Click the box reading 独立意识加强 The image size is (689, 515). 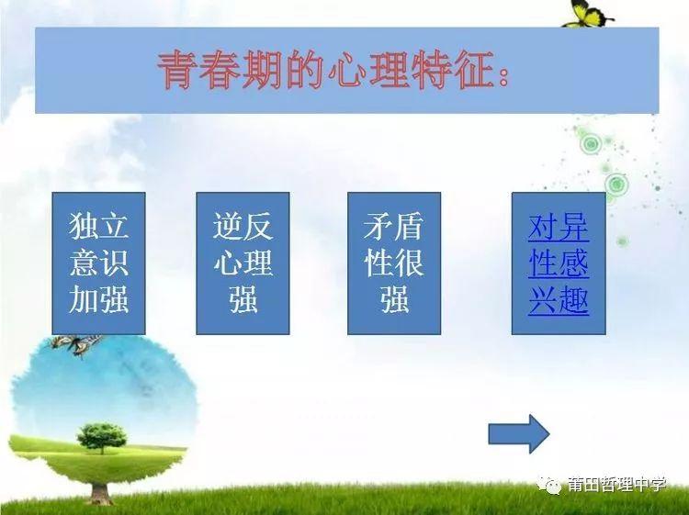point(98,263)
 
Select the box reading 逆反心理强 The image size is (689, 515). point(243,263)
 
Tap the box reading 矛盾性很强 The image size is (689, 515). point(394,263)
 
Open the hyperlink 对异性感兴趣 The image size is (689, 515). point(558,263)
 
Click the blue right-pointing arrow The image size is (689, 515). point(518,433)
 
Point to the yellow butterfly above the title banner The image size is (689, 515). point(587,14)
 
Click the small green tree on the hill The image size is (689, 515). point(102,437)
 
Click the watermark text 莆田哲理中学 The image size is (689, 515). point(616,485)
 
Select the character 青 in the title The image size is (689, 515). point(177,71)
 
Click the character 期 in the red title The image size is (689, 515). point(263,71)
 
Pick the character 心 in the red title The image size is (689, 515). point(347,71)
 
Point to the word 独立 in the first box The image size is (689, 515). point(98,227)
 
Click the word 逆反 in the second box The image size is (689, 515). point(243,227)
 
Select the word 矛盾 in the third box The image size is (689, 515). point(394,227)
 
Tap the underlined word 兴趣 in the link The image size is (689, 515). point(558,301)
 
